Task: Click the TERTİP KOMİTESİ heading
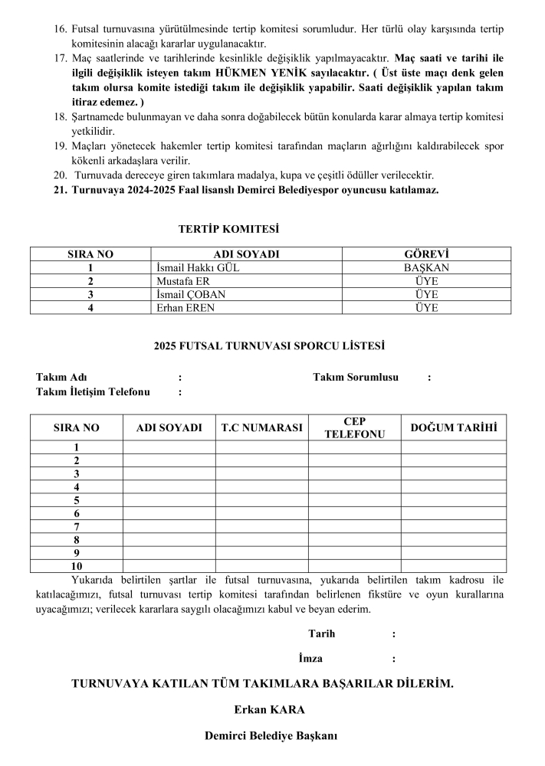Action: tap(228, 229)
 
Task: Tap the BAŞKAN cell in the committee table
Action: tap(426, 268)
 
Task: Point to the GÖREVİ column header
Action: tap(426, 254)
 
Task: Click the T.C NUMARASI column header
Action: tap(261, 427)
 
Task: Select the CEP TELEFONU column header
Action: tap(354, 427)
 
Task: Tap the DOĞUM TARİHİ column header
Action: tap(453, 427)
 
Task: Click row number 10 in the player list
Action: tap(77, 566)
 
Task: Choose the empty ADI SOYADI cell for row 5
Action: tap(169, 500)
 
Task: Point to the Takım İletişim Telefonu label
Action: tap(93, 392)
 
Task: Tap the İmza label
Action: tap(310, 658)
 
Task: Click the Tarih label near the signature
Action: tap(321, 633)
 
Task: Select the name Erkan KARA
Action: tap(269, 709)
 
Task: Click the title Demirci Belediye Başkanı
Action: tap(271, 736)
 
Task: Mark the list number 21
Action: tap(61, 190)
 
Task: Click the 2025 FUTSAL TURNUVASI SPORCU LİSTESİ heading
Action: tap(269, 345)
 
